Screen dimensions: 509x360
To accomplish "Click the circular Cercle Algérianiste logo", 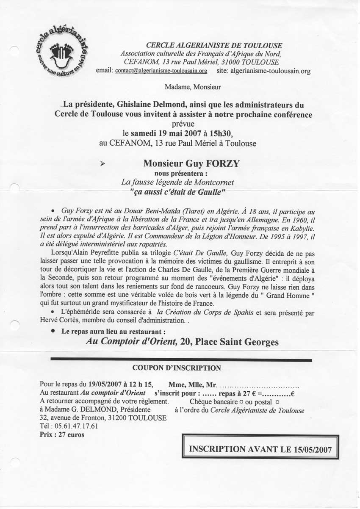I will point(64,54).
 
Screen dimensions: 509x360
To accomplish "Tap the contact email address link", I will point(161,71).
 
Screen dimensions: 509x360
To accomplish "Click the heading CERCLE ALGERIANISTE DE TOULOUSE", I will point(214,45).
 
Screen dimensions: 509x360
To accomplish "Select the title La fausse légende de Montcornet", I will point(177,182).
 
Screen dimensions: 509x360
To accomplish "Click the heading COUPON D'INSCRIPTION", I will point(177,368).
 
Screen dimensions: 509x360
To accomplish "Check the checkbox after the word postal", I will point(277,401).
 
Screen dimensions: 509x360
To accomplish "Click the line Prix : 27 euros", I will point(62,434).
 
